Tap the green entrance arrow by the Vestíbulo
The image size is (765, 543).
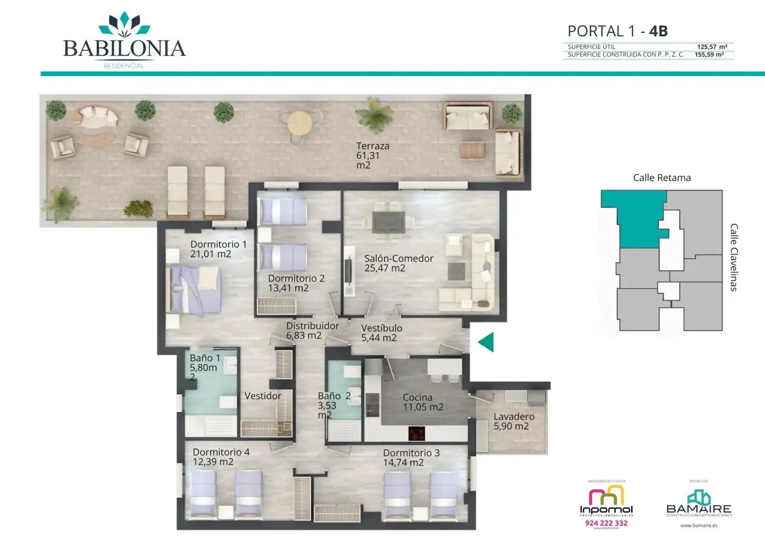point(486,342)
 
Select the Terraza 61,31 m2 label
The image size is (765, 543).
point(372,155)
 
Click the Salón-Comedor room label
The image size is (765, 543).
point(398,263)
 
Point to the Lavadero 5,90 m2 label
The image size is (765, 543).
point(513,421)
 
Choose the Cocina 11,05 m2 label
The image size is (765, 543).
point(422,402)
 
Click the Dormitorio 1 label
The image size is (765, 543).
point(218,249)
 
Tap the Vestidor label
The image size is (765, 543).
point(262,396)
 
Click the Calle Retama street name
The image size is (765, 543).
point(661,177)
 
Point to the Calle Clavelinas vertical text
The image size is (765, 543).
point(733,257)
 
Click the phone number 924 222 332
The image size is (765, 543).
point(606,523)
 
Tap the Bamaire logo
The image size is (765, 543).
point(699,503)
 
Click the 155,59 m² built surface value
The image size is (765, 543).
point(709,54)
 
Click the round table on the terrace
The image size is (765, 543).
point(300,122)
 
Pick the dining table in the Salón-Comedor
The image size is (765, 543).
point(389,222)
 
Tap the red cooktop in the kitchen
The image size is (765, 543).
point(416,433)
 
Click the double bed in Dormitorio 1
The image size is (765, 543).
point(195,289)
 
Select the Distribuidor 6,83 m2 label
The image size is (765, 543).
point(312,330)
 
